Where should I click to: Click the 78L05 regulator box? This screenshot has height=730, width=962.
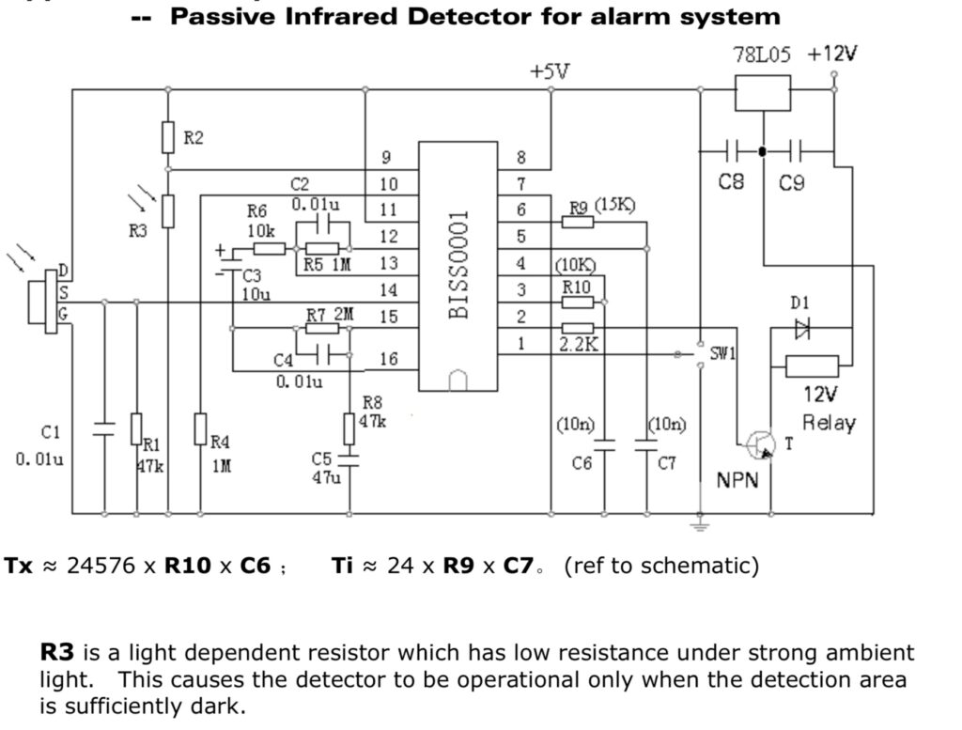pyautogui.click(x=762, y=91)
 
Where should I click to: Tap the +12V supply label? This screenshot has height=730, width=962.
pyautogui.click(x=832, y=54)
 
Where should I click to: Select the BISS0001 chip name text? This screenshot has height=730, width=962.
pyautogui.click(x=459, y=264)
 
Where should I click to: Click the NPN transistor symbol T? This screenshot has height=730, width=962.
pyautogui.click(x=760, y=446)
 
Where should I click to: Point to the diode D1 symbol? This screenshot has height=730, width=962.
pyautogui.click(x=800, y=328)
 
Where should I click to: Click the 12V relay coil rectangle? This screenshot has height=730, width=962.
pyautogui.click(x=812, y=365)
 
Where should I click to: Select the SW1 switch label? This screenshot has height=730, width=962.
pyautogui.click(x=722, y=354)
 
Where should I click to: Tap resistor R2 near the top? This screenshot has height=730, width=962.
pyautogui.click(x=168, y=137)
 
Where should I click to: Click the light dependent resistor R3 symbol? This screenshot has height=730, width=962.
pyautogui.click(x=168, y=210)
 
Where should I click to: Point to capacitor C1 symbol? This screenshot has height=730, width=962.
pyautogui.click(x=103, y=430)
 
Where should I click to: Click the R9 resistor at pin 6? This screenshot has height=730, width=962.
pyautogui.click(x=578, y=223)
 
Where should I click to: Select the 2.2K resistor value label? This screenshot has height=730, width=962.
pyautogui.click(x=578, y=345)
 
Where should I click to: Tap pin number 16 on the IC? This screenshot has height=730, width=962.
pyautogui.click(x=388, y=359)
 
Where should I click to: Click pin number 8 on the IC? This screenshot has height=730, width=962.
pyautogui.click(x=521, y=158)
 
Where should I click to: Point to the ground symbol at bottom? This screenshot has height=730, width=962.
pyautogui.click(x=699, y=525)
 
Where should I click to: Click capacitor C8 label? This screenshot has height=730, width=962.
pyautogui.click(x=731, y=182)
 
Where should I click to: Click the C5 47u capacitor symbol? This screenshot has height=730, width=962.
pyautogui.click(x=349, y=461)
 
